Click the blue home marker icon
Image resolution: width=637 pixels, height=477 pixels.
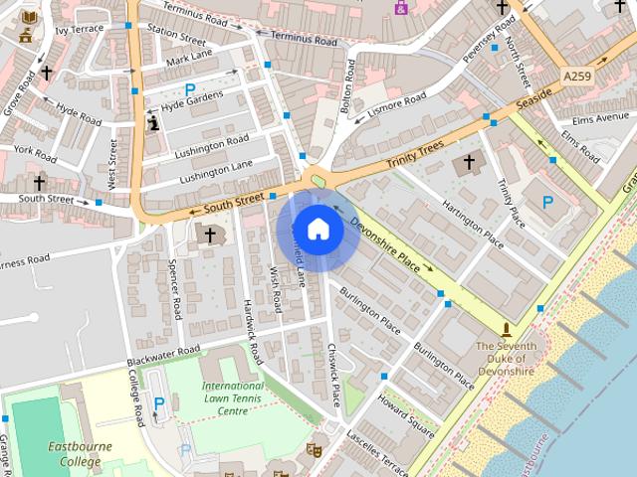pyautogui.click(x=318, y=230)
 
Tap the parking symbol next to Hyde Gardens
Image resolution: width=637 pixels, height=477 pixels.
pyautogui.click(x=189, y=89)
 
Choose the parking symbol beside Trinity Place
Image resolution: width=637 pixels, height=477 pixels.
pyautogui.click(x=546, y=202)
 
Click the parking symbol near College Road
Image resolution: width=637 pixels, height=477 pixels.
pyautogui.click(x=159, y=402)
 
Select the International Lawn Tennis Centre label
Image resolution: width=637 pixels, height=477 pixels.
pyautogui.click(x=232, y=397)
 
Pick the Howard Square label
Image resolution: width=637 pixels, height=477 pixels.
pyautogui.click(x=406, y=415)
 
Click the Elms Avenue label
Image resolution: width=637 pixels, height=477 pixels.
pyautogui.click(x=595, y=118)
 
